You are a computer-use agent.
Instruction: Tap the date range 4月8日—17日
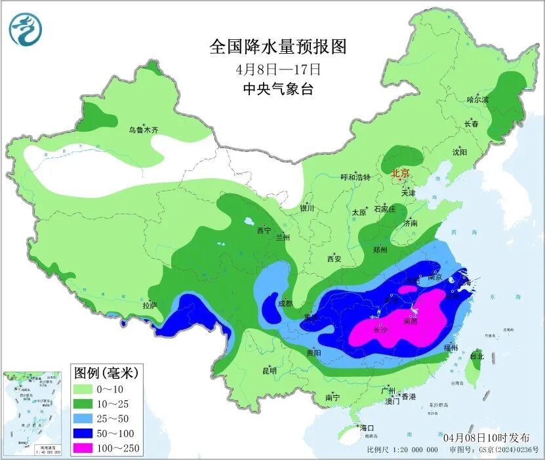click(277, 68)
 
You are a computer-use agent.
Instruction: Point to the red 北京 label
click(400, 174)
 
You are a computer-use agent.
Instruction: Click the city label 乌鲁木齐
click(144, 130)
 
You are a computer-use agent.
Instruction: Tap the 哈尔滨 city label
click(477, 100)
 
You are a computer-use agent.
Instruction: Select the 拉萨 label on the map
click(150, 305)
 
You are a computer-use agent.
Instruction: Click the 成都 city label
click(285, 303)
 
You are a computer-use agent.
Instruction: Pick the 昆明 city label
click(270, 370)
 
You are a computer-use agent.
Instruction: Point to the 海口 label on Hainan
click(367, 428)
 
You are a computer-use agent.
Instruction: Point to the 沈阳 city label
click(459, 152)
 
